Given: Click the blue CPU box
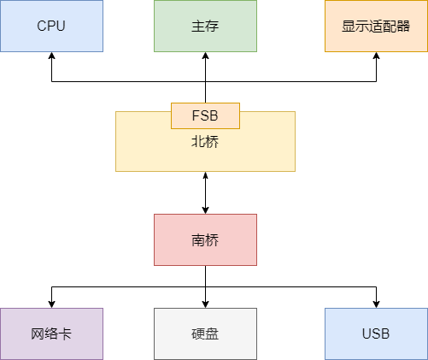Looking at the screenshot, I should [51, 26].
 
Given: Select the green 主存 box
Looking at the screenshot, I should [205, 26].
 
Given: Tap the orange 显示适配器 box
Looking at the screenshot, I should [376, 26].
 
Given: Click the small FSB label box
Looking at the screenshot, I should [205, 115].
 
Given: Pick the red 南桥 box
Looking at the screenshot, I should [205, 239].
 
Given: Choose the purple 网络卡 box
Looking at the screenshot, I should [51, 333].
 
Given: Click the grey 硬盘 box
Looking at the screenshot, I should [205, 333].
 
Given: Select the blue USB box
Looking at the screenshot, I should [376, 333].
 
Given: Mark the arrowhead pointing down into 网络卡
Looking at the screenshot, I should [51, 303].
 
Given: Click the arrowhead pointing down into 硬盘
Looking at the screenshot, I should [205, 303].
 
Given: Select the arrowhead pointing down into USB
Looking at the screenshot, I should [376, 303].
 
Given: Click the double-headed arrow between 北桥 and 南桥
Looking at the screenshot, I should [205, 192].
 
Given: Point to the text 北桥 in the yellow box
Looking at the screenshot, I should [205, 142].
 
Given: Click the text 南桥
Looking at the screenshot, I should [205, 240].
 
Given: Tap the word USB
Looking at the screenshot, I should [376, 333].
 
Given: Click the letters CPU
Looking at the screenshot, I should [51, 26].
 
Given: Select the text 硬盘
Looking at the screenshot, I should [205, 333].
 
